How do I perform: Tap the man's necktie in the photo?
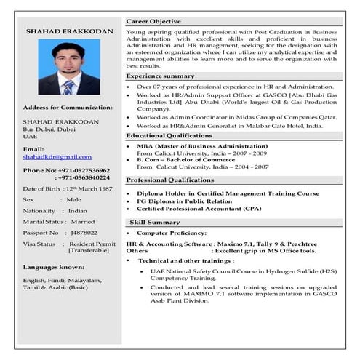pyautogui.click(x=68, y=88)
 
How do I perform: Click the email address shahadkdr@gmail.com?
pyautogui.click(x=57, y=156)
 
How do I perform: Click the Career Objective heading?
pyautogui.click(x=153, y=22)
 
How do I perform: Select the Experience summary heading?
pyautogui.click(x=160, y=76)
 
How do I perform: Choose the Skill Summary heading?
pyautogui.click(x=155, y=222)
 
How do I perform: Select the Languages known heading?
pyautogui.click(x=53, y=266)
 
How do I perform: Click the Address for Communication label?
pyautogui.click(x=68, y=108)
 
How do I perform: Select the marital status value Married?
pyautogui.click(x=83, y=221)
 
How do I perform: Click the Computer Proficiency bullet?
pyautogui.click(x=173, y=232)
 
